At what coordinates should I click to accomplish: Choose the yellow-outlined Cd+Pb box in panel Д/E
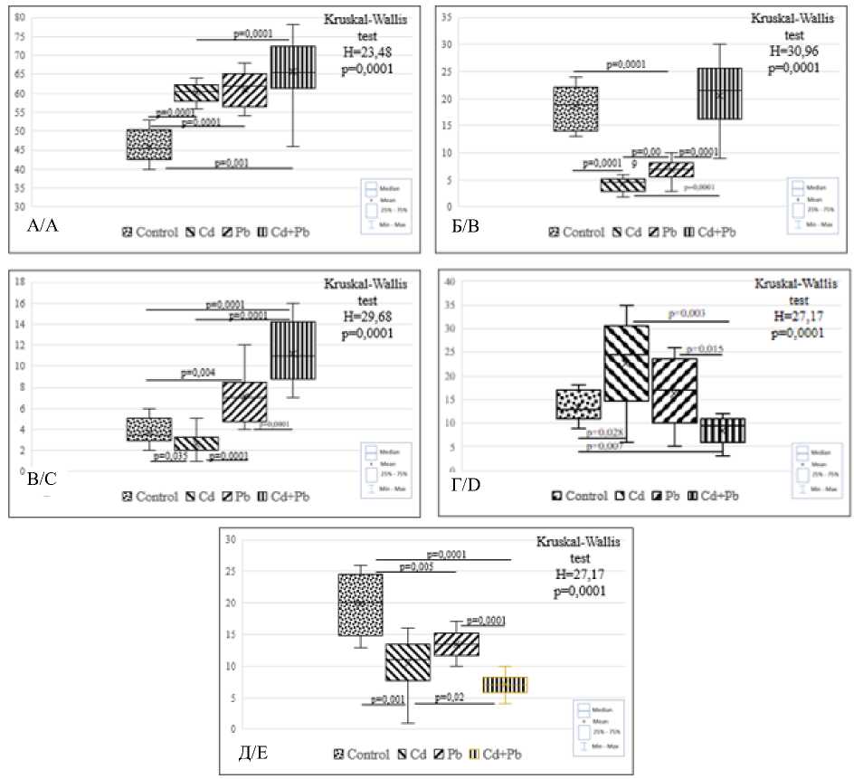[504, 685]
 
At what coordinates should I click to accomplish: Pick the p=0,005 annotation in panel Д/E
[416, 566]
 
